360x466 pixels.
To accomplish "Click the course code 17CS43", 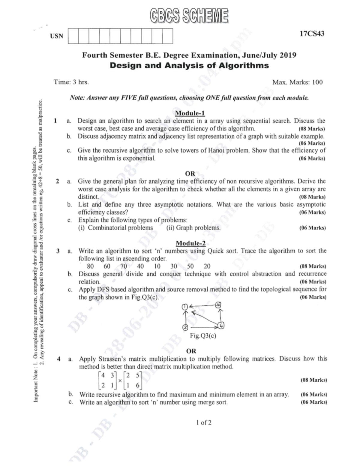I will (x=312, y=33).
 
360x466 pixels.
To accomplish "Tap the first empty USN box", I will (x=73, y=36).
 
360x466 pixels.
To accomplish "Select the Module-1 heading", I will (x=190, y=113).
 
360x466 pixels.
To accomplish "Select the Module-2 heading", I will (x=190, y=243).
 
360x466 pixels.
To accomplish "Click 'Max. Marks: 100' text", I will (x=297, y=82).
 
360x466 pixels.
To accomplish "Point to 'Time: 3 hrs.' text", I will (x=71, y=82).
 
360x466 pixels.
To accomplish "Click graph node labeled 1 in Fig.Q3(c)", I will (x=185, y=306).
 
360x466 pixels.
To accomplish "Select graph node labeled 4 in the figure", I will (x=221, y=326).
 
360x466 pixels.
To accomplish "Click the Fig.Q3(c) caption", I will (x=203, y=336).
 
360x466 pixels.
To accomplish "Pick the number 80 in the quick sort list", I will (x=90, y=266).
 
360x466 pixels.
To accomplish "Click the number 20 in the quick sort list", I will (x=207, y=266).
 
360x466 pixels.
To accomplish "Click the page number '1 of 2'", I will (x=204, y=422).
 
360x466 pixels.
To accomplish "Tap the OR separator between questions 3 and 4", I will (x=191, y=351).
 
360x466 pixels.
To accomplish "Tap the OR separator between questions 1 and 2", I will (x=190, y=173).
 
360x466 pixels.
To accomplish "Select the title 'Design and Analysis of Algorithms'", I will (x=189, y=65).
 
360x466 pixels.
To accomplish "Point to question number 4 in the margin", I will (x=59, y=359).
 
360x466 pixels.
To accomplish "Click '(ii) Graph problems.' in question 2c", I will (x=193, y=228).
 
